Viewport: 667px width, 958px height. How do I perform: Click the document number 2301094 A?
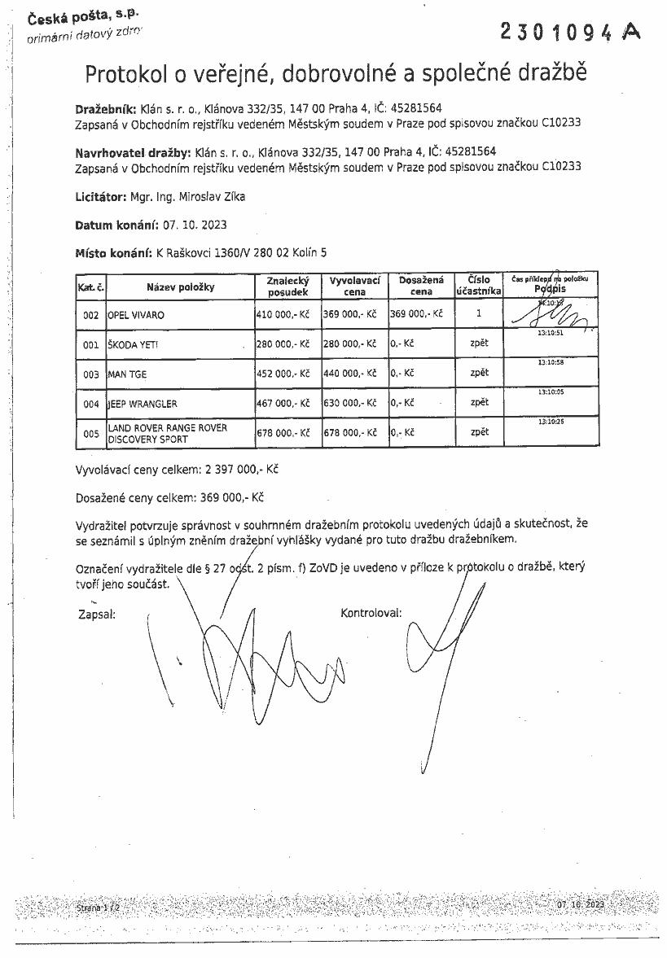click(x=570, y=32)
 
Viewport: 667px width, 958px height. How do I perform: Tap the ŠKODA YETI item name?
click(x=134, y=344)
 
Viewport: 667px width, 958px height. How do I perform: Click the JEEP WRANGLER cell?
click(x=143, y=404)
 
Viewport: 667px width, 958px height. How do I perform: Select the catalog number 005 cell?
click(x=90, y=434)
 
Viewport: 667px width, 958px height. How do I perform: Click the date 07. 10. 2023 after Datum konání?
click(x=195, y=225)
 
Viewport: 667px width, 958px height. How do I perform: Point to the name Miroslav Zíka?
click(x=216, y=196)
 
